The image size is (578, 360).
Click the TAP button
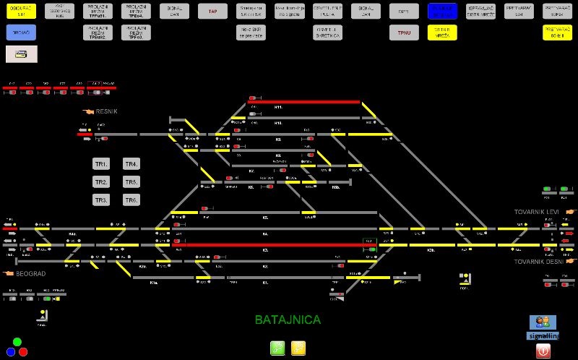click(x=212, y=11)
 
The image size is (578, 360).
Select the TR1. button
click(x=101, y=163)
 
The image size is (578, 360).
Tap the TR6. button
click(x=131, y=200)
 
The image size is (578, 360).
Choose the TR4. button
click(x=131, y=163)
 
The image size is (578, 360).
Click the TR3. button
click(x=101, y=200)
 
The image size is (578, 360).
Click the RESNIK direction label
click(x=105, y=111)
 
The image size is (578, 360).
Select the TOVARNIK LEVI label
click(x=537, y=212)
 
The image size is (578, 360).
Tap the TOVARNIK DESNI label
click(x=539, y=262)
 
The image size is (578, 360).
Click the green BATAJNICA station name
click(x=288, y=319)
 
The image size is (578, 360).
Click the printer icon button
click(x=21, y=53)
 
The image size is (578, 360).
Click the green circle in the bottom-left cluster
click(x=17, y=342)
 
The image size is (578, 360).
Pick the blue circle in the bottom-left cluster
click(x=11, y=351)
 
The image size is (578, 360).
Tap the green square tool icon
click(x=277, y=348)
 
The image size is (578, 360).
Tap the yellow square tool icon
click(x=298, y=348)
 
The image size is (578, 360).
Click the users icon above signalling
click(x=543, y=322)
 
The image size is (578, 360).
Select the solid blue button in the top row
click(x=442, y=11)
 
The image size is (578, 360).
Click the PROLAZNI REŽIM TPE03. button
click(x=137, y=33)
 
